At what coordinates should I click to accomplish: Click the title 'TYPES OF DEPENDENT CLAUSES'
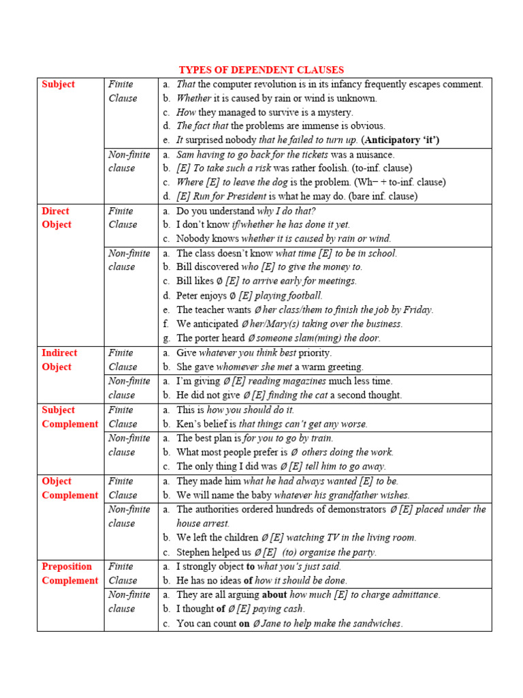[x=261, y=70]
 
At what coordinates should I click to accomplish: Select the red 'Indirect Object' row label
[x=59, y=360]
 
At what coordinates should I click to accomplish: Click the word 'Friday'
[x=415, y=310]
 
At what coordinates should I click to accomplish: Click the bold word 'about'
[x=274, y=595]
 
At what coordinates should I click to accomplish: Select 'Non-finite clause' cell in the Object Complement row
[x=129, y=517]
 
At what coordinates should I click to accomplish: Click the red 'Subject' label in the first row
[x=59, y=85]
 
